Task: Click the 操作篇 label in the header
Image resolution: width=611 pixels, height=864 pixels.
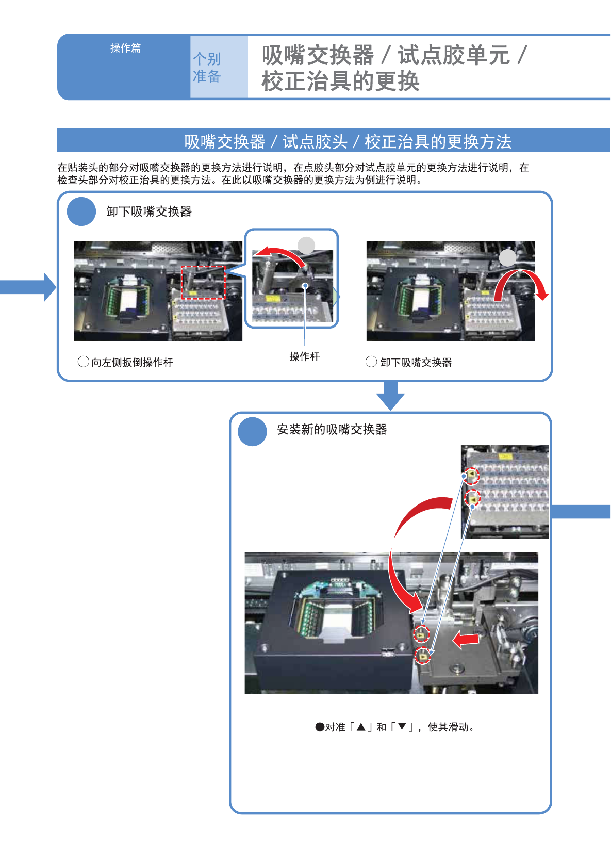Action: tap(125, 48)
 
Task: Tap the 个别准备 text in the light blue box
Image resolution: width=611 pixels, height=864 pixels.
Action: tap(207, 68)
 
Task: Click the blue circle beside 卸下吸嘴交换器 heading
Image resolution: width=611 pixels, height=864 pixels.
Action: tap(81, 211)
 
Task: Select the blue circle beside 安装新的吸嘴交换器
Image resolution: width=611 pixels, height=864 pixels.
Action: tap(252, 431)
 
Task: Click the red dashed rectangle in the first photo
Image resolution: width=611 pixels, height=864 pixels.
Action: tap(203, 282)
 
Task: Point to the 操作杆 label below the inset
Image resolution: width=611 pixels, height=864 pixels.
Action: tap(304, 356)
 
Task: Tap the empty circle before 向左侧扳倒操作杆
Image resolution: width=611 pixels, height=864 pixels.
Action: tap(83, 362)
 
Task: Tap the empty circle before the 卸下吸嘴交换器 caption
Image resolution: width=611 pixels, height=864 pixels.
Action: tap(371, 362)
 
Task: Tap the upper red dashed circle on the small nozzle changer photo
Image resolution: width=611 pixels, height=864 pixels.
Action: tap(471, 476)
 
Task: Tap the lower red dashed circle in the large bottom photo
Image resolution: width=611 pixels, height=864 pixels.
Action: tap(423, 656)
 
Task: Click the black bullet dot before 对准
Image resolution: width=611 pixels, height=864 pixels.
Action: tap(320, 727)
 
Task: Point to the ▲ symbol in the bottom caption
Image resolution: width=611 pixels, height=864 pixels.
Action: tap(361, 727)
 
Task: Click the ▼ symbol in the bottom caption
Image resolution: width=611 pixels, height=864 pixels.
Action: tap(402, 727)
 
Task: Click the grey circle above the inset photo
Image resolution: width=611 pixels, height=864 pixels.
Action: tap(306, 245)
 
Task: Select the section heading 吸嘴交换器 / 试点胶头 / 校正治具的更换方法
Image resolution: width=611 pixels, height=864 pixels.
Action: tap(348, 141)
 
